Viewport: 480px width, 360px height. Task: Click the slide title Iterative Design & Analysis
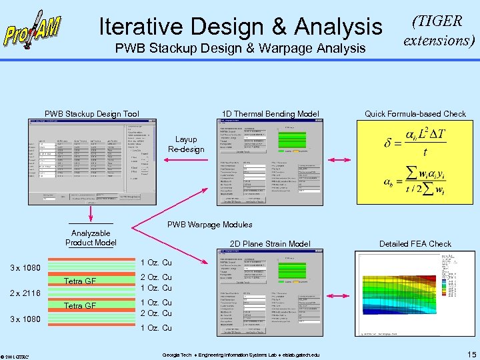click(240, 27)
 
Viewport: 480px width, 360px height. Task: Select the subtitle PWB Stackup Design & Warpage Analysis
click(240, 48)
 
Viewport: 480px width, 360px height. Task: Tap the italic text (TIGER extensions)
click(438, 31)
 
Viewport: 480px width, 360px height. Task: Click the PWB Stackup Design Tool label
click(92, 114)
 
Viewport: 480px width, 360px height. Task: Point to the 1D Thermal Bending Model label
click(270, 114)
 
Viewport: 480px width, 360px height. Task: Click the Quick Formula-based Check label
click(415, 114)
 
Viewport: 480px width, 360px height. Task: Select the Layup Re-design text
click(186, 144)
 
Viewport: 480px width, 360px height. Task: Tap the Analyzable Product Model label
click(91, 238)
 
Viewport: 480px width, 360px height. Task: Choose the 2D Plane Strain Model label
click(270, 244)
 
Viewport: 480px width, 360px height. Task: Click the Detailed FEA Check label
click(415, 244)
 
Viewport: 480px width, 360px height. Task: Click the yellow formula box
click(415, 163)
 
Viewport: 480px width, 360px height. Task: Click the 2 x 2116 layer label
click(25, 293)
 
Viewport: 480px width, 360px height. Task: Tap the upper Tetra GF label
click(80, 281)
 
